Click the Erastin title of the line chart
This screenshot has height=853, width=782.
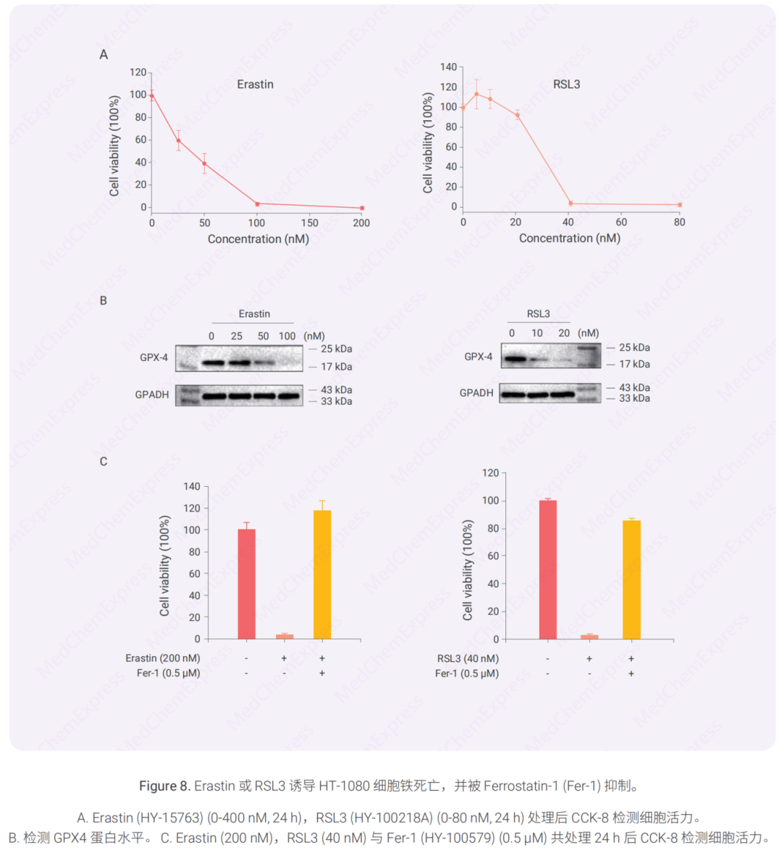[x=255, y=85]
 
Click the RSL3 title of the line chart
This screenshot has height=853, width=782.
[x=566, y=85]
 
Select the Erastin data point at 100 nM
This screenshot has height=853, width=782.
[x=257, y=204]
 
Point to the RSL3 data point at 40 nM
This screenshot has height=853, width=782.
[x=570, y=203]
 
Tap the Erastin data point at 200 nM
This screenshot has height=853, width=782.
[x=362, y=208]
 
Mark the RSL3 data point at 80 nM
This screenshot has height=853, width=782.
[x=680, y=205]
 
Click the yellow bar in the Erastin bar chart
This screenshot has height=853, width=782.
[x=322, y=575]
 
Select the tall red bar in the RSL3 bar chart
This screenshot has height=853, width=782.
[x=548, y=570]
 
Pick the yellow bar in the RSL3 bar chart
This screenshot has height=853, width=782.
[x=631, y=580]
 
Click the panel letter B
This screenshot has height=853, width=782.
[x=104, y=300]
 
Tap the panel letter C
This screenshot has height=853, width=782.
[x=104, y=462]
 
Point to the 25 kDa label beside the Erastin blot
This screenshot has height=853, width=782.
[x=336, y=349]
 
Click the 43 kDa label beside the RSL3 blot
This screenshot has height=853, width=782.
[x=634, y=388]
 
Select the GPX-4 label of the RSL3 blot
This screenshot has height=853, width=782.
[x=478, y=357]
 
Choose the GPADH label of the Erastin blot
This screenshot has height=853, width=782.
[x=152, y=395]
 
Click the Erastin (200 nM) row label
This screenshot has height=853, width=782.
[x=163, y=658]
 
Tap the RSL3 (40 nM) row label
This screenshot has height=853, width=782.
[x=468, y=658]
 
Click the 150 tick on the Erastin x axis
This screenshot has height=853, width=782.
[x=310, y=223]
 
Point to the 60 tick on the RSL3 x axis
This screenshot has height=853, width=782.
[x=621, y=222]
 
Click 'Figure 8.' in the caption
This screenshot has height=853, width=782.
[x=164, y=786]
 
